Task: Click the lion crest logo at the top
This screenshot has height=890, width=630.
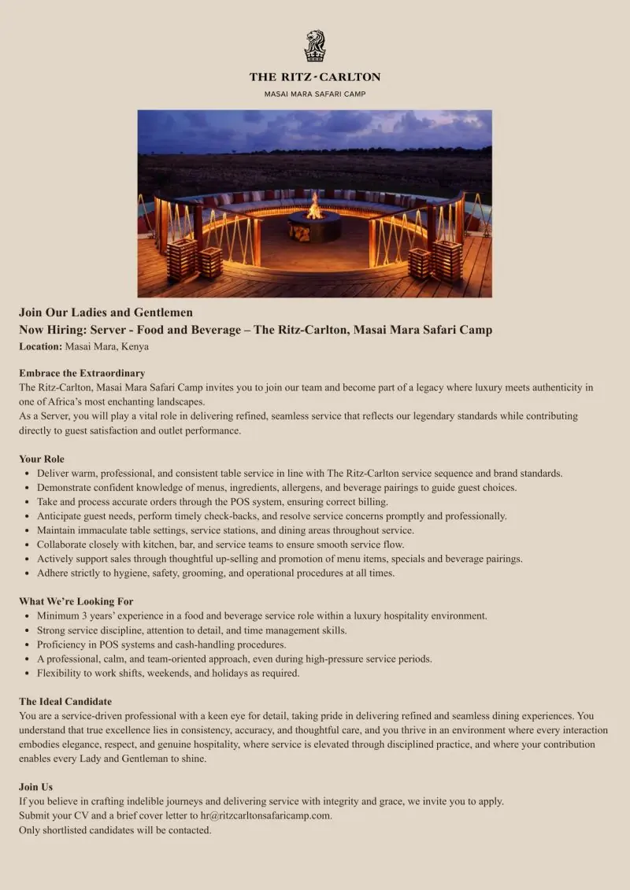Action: click(315, 46)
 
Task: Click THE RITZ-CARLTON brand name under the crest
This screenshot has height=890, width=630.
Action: click(315, 77)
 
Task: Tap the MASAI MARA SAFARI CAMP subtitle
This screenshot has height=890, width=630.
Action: click(315, 94)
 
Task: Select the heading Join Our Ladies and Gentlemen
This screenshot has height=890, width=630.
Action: click(106, 312)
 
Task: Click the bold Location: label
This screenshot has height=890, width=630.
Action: click(40, 346)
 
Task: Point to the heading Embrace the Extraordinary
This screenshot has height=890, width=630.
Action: click(82, 373)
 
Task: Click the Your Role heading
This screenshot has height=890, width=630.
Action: click(42, 459)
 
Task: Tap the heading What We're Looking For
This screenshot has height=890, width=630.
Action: click(76, 601)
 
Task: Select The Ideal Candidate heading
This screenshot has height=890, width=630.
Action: click(65, 701)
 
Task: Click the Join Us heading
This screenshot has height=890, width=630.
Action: click(36, 787)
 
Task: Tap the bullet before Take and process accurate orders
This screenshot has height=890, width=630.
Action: click(28, 502)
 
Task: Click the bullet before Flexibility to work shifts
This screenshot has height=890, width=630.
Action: click(28, 674)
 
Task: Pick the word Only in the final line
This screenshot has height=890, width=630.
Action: click(30, 829)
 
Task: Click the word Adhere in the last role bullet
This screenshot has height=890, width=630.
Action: click(54, 573)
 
